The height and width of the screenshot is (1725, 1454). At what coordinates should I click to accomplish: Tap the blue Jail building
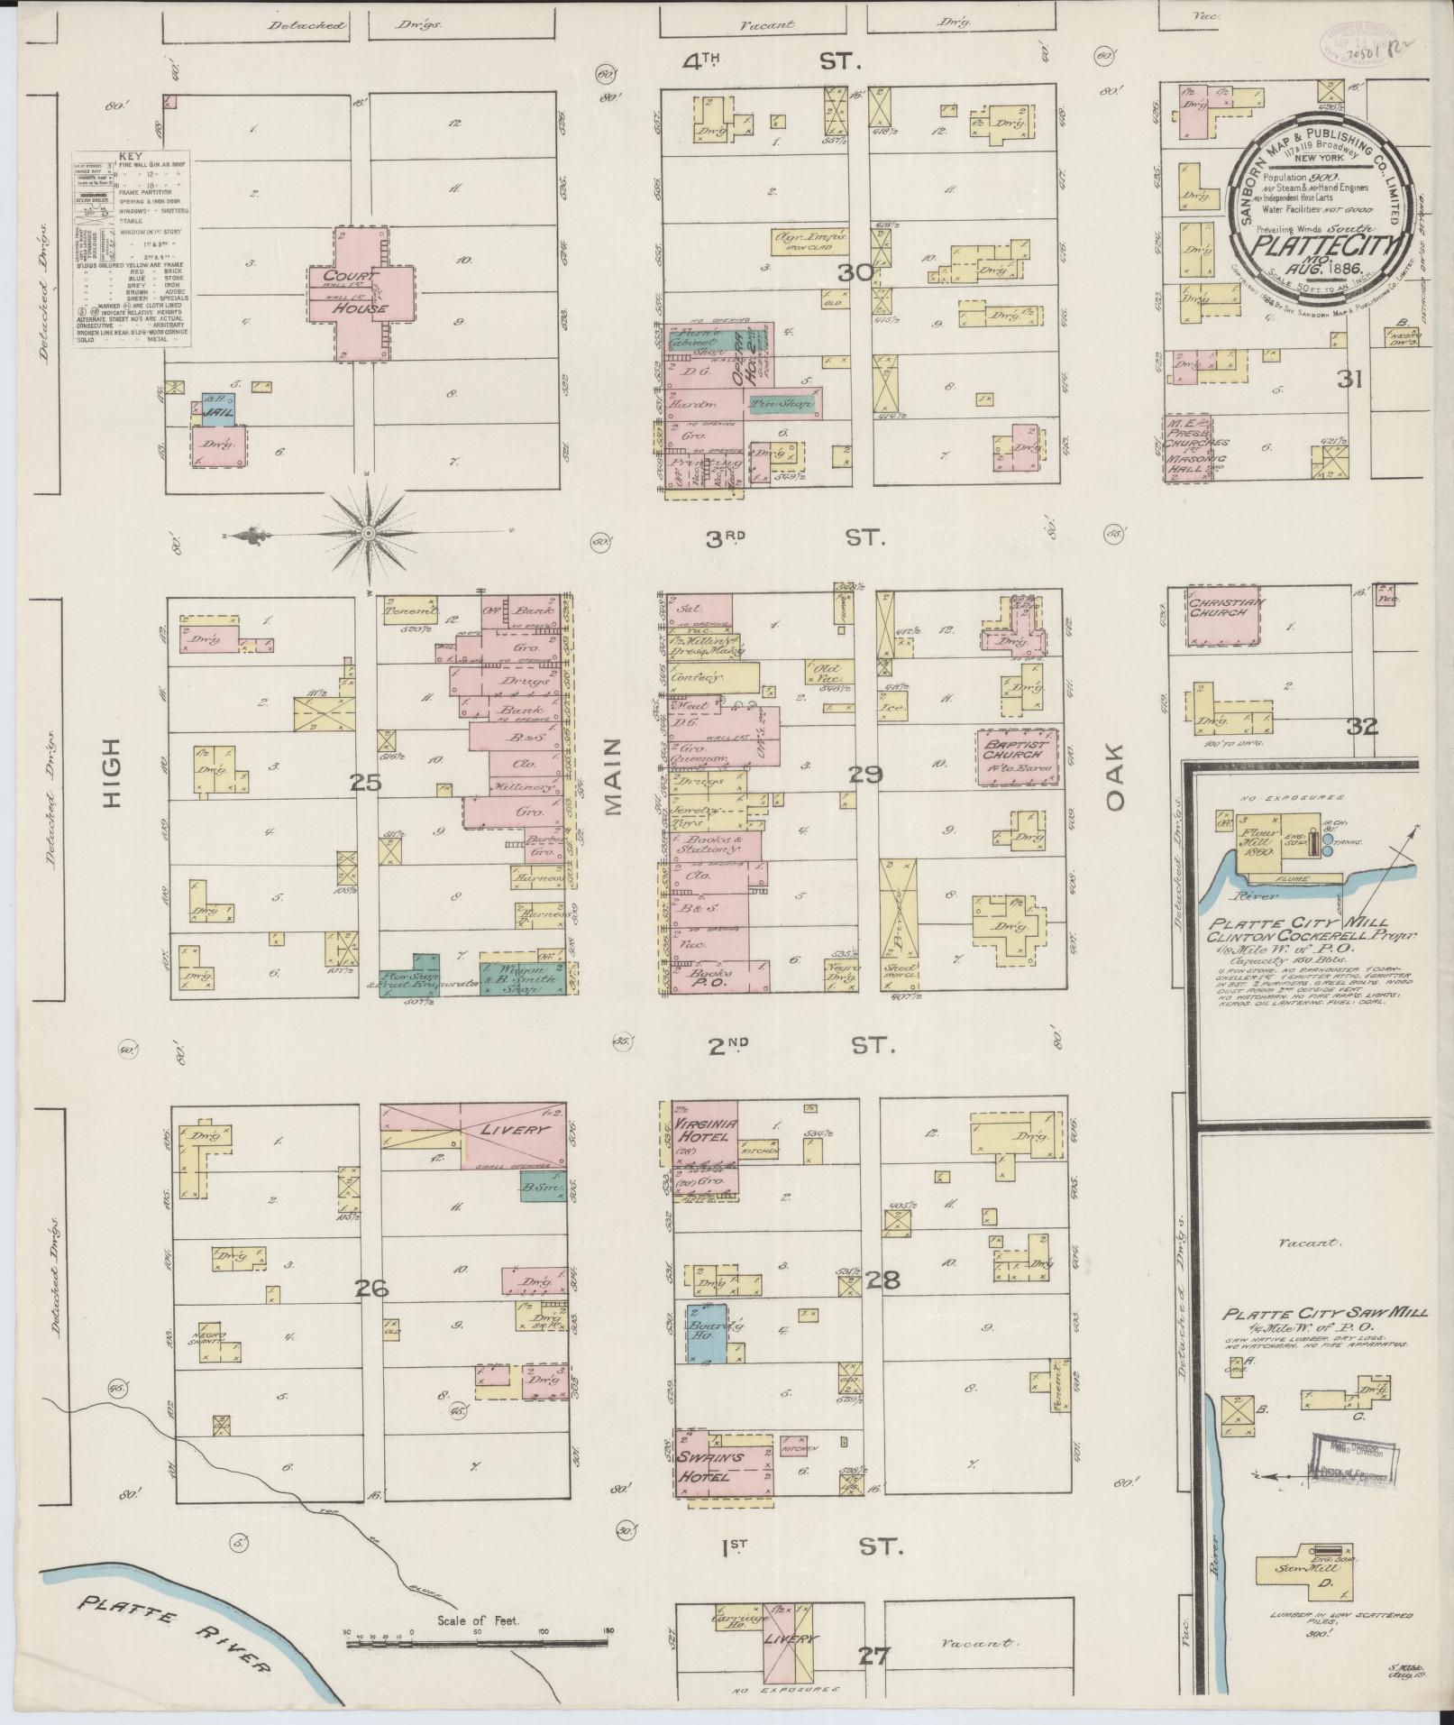[216, 412]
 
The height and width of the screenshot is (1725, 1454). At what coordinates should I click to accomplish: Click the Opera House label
[747, 361]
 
